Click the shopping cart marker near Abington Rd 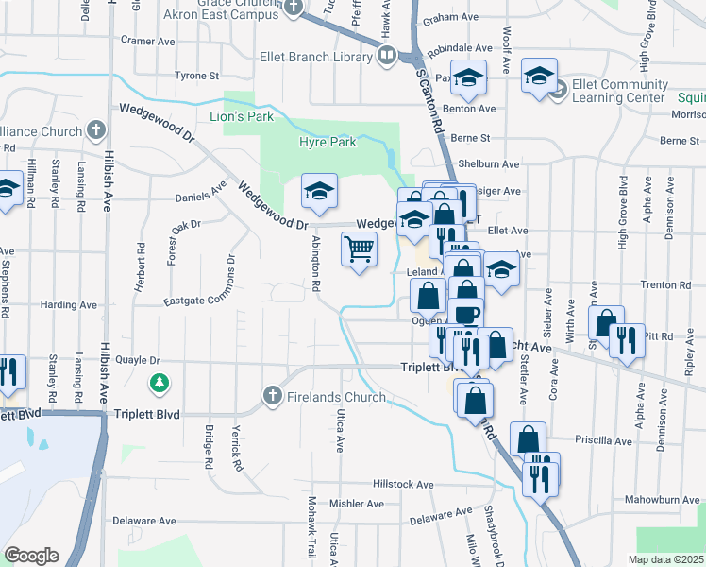[x=359, y=251]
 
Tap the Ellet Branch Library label [x=316, y=58]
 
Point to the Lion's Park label [x=241, y=116]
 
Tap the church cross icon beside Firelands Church [x=273, y=396]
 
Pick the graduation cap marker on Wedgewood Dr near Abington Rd [x=319, y=192]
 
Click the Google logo [x=31, y=556]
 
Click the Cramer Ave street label [x=148, y=41]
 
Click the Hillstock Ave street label [x=403, y=484]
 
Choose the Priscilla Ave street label [x=602, y=439]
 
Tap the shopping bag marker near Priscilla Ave [x=529, y=438]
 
